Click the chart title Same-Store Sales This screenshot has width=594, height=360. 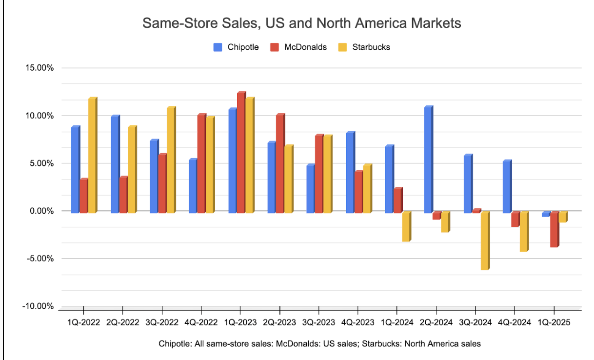(x=301, y=23)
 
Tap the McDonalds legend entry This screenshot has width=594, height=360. (x=299, y=47)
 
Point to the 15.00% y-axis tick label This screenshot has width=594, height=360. (x=39, y=68)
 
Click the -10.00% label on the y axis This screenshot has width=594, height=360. (x=38, y=306)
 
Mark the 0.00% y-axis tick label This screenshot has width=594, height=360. (x=40, y=211)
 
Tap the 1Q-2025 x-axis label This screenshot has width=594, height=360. (x=554, y=323)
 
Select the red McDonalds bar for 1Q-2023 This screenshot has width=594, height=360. (x=241, y=153)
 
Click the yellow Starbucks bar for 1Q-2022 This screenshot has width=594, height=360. (x=92, y=156)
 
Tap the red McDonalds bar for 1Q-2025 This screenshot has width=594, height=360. (x=554, y=229)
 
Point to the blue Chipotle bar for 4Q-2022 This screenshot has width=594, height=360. (x=193, y=186)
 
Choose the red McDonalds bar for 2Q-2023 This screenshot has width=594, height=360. (x=280, y=164)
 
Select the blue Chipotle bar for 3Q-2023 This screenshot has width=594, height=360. (x=310, y=189)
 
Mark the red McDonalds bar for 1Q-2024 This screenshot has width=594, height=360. (x=397, y=200)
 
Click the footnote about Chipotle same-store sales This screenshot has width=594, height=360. (x=319, y=344)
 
